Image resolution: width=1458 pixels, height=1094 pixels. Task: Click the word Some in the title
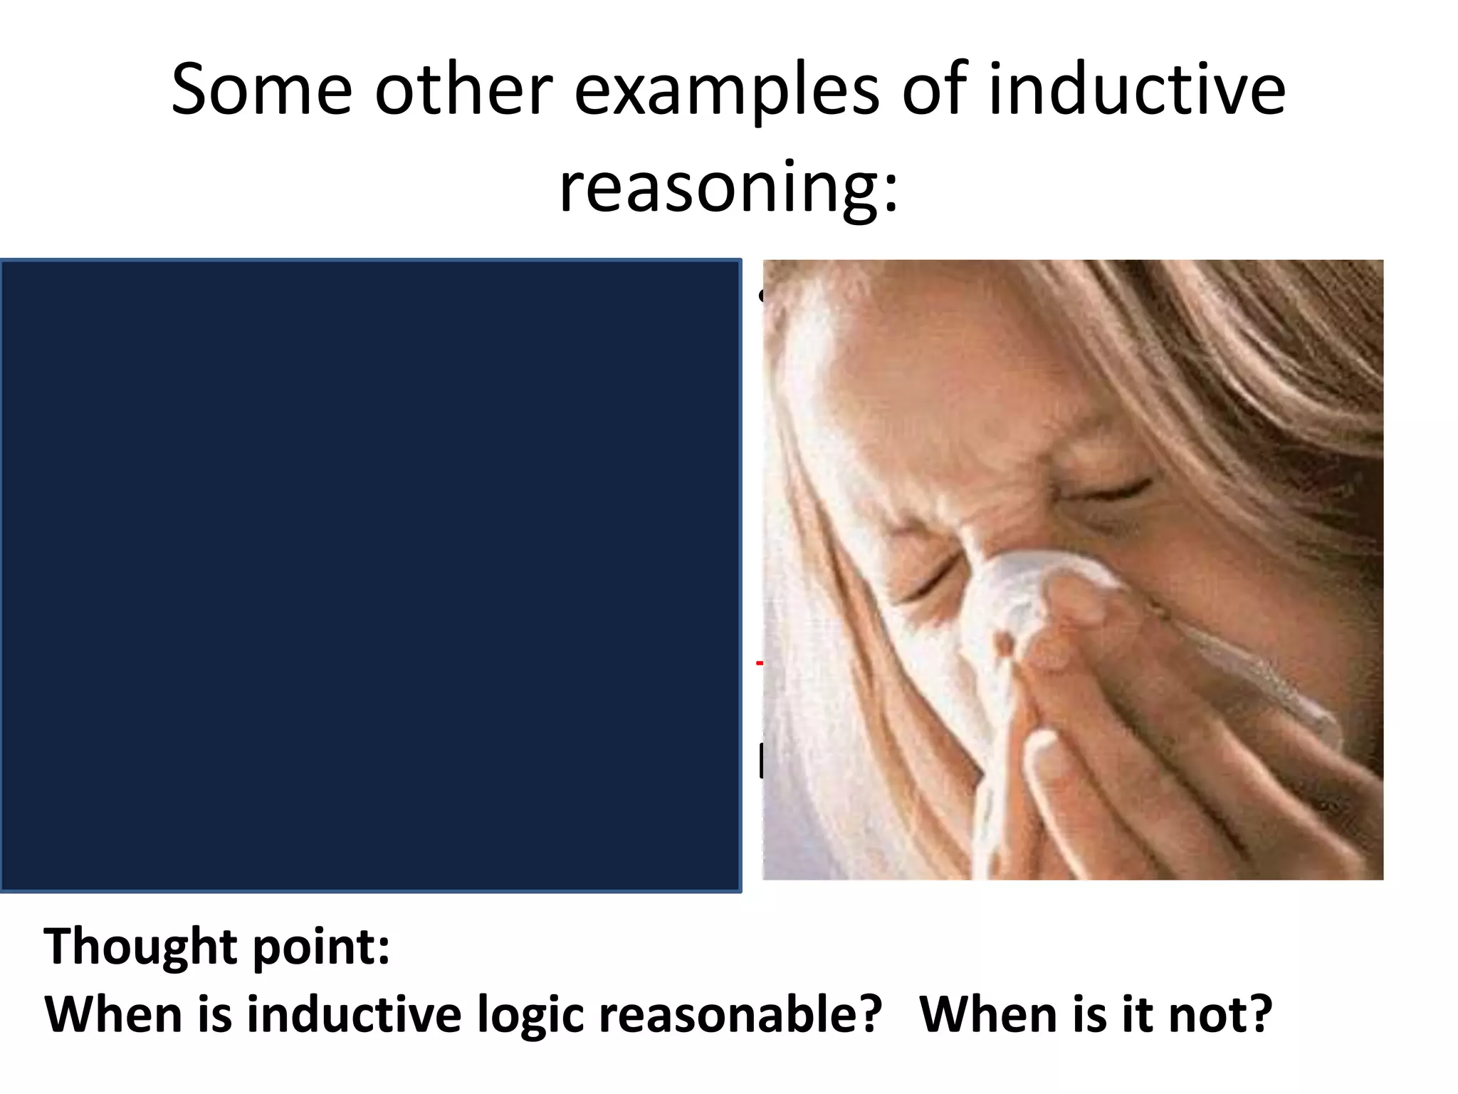tap(261, 90)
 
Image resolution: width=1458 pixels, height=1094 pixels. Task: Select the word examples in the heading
tap(726, 90)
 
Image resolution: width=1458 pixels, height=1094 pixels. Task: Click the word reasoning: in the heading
tap(729, 187)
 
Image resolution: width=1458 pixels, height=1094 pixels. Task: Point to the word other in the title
tap(463, 90)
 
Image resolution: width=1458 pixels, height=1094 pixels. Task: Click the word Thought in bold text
tap(140, 947)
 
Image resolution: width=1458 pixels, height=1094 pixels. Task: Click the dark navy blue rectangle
tap(370, 575)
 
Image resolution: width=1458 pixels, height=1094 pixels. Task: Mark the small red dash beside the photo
tap(759, 662)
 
